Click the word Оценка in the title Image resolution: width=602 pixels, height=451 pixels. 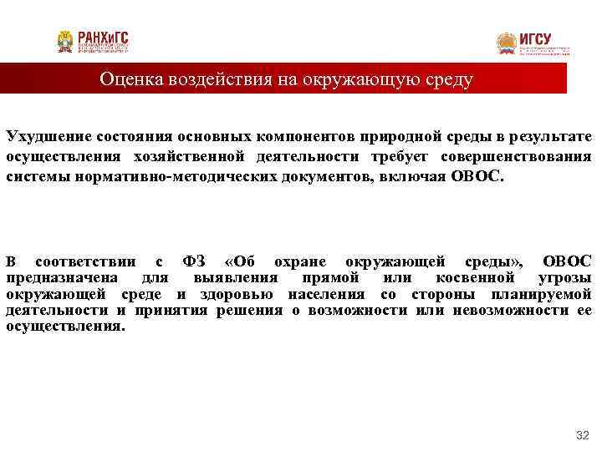[x=130, y=79]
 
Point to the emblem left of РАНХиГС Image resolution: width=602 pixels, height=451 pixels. [x=65, y=42]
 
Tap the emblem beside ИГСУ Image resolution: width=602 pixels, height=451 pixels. [x=507, y=43]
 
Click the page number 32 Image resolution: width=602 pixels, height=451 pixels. [x=583, y=436]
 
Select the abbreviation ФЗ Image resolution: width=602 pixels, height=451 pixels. [x=193, y=261]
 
